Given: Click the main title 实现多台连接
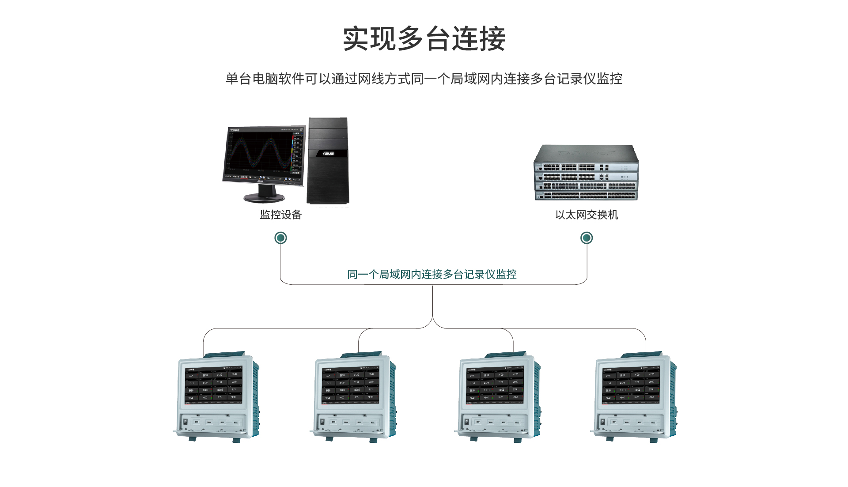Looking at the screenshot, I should pos(424,39).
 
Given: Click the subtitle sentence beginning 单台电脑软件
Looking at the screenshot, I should pos(424,79).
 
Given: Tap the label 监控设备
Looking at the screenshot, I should pos(281,215).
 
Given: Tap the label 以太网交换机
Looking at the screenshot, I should pos(587,215).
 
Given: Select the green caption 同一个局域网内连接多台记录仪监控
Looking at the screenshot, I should pos(432,275).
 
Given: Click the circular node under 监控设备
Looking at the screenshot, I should pos(280,238).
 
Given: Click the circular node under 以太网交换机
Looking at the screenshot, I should pos(587,238).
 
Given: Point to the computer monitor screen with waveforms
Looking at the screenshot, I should pos(264,152).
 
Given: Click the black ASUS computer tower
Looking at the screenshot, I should pos(328,161).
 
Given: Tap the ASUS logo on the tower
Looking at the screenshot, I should pos(328,154).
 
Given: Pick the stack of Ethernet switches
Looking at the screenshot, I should pos(586,173).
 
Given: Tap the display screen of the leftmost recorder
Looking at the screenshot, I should pos(213,385).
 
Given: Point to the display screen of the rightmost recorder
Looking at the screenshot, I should pos(631,385).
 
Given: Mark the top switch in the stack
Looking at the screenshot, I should pos(586,159).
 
